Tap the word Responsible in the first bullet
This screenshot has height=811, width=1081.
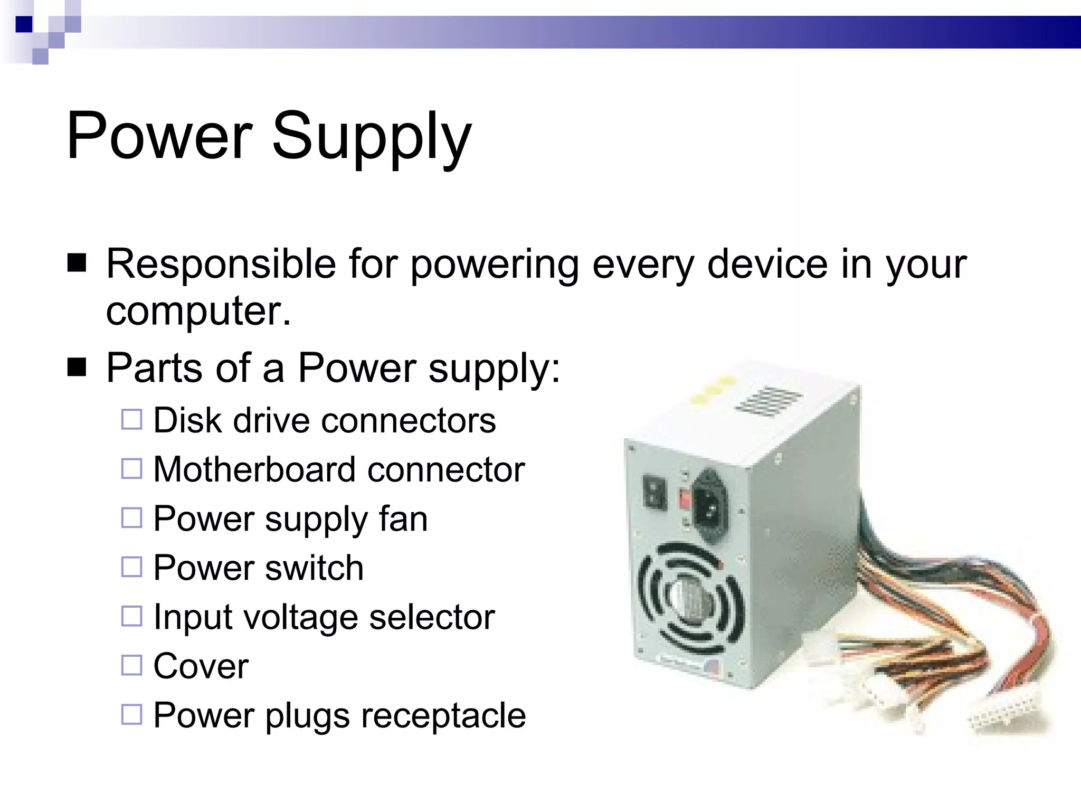[x=221, y=263]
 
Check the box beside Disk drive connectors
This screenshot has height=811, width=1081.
[x=131, y=420]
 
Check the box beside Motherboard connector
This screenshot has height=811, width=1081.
[x=131, y=468]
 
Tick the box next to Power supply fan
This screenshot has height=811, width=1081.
[x=131, y=518]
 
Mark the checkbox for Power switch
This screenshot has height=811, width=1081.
[x=131, y=567]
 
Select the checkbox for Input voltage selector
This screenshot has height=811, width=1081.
[x=131, y=616]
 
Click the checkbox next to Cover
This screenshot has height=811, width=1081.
[x=131, y=665]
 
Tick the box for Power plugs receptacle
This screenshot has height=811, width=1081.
[x=131, y=714]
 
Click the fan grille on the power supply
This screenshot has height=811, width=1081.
[x=689, y=599]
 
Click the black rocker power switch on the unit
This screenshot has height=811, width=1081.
[x=655, y=493]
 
